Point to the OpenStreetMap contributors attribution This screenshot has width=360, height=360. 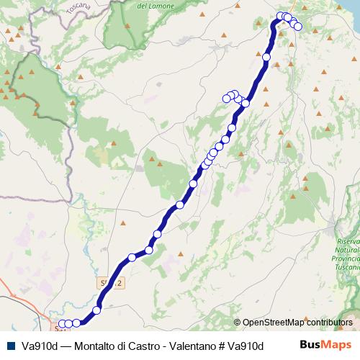tap(297, 323)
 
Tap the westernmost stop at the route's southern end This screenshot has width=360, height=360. tap(61, 323)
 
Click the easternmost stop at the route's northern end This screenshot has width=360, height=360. tap(298, 27)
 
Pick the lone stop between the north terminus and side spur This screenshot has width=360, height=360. tap(266, 57)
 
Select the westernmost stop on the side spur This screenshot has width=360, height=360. tap(227, 98)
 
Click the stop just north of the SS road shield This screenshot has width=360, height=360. tap(132, 257)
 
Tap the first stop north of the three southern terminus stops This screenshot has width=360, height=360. tap(96, 310)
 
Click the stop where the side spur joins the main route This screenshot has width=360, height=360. tap(246, 103)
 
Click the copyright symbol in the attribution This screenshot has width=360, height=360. tap(238, 323)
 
